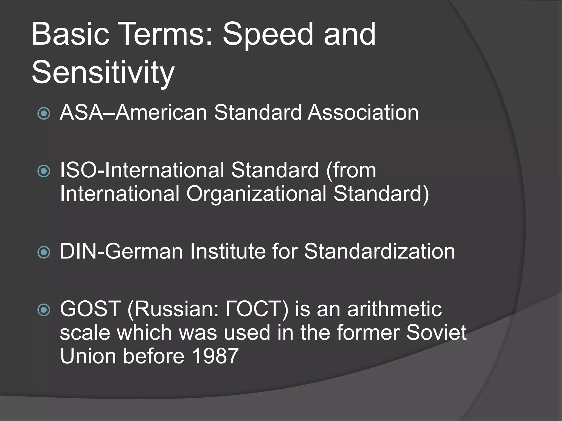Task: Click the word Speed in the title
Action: click(268, 35)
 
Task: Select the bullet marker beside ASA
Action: click(44, 113)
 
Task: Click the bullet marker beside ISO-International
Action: click(44, 171)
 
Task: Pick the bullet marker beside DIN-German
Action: click(44, 252)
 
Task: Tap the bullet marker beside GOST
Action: click(44, 310)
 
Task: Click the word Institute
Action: click(227, 251)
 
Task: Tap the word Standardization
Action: click(379, 251)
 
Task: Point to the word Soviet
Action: click(436, 332)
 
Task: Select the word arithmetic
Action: click(394, 309)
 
